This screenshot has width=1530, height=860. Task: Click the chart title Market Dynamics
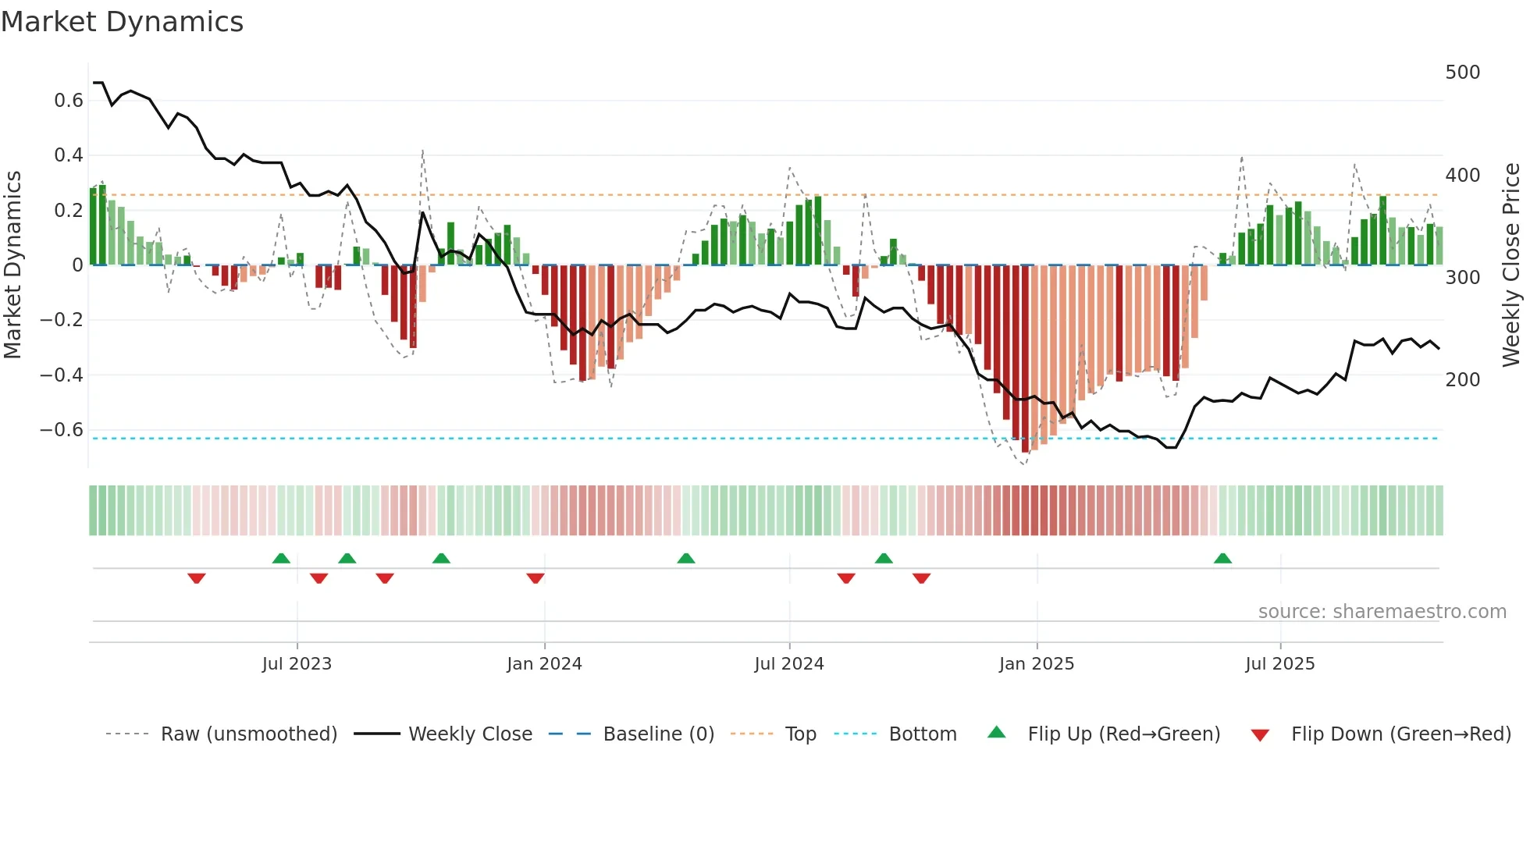click(x=123, y=22)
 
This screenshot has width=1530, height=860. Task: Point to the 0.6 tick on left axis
click(x=69, y=101)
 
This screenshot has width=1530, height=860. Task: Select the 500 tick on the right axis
click(x=1462, y=73)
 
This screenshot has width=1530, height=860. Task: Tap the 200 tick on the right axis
click(x=1462, y=380)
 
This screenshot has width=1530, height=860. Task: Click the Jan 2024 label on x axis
click(x=544, y=664)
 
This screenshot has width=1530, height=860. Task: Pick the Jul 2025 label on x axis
click(x=1279, y=664)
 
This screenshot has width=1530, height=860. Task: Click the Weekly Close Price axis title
click(x=1511, y=265)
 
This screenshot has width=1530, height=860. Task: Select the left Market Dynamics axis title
click(x=13, y=265)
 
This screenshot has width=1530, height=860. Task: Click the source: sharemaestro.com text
click(x=1382, y=612)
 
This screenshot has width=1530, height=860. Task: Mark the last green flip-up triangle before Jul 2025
click(x=1222, y=559)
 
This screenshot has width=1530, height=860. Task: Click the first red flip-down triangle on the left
click(x=197, y=578)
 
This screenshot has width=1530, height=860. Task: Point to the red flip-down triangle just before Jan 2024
click(x=535, y=578)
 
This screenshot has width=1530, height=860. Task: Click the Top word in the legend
click(x=800, y=734)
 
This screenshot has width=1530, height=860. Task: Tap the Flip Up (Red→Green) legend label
click(x=1123, y=734)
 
